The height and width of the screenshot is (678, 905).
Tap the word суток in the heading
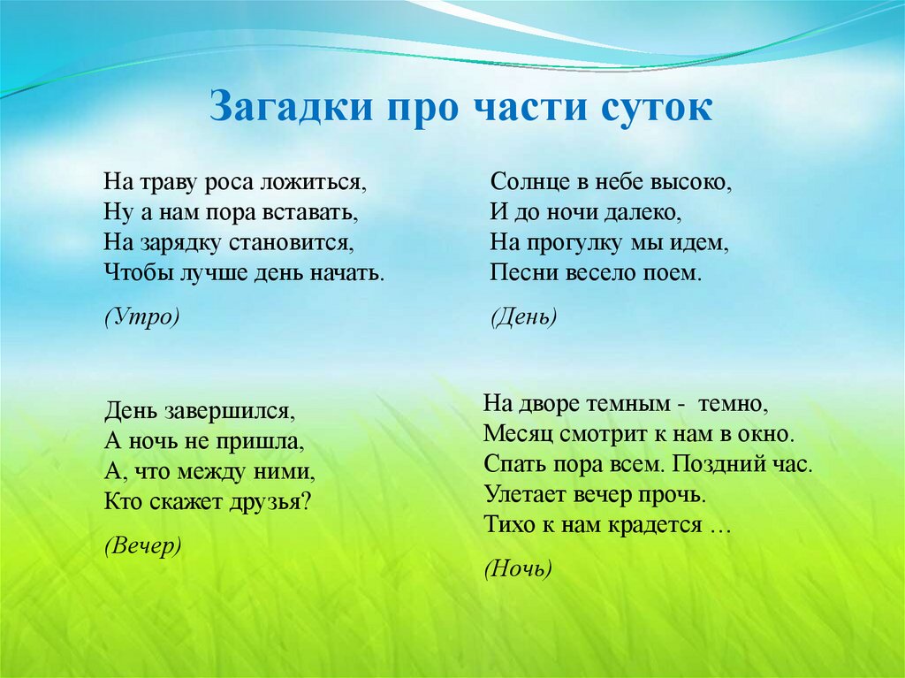657,108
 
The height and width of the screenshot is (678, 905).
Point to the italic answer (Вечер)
143,545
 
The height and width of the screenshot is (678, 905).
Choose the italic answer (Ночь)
518,568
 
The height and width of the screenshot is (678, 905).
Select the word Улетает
525,494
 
